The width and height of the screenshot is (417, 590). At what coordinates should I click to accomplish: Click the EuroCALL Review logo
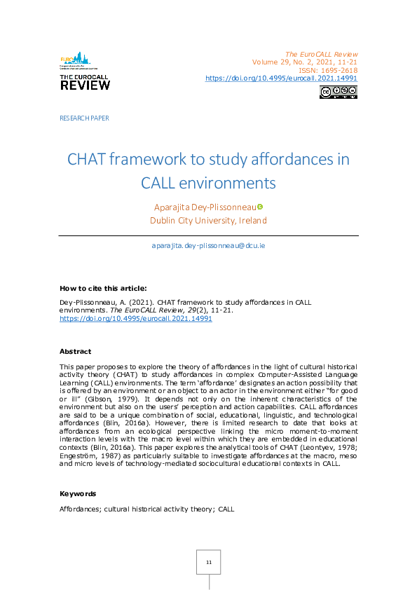pos(85,71)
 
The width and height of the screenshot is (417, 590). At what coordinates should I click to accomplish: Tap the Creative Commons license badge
pos(339,92)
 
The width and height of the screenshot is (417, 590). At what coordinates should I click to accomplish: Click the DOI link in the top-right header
pos(281,78)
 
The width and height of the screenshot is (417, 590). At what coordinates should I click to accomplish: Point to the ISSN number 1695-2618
pos(339,70)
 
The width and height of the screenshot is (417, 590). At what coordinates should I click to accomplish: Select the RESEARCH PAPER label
pos(84,118)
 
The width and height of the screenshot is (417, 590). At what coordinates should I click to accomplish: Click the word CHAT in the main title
pos(89,159)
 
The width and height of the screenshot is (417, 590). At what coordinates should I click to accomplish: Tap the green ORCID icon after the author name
pos(260,206)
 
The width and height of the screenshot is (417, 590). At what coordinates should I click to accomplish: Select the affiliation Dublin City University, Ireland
pos(208,221)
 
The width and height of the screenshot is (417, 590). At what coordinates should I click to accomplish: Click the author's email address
pos(208,246)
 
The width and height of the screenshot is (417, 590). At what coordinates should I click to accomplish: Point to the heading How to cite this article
pos(103,288)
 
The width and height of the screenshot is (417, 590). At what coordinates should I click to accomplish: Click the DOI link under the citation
pos(136,318)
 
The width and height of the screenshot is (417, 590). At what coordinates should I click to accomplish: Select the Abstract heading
pos(75,351)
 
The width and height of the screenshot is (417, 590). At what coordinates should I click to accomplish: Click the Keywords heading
pos(78,493)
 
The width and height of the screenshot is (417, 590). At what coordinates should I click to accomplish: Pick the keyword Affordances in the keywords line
pos(81,508)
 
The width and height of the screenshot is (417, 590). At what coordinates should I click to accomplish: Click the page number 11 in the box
pos(208,563)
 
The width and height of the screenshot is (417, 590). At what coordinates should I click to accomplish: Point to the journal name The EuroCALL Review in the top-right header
pos(322,54)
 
